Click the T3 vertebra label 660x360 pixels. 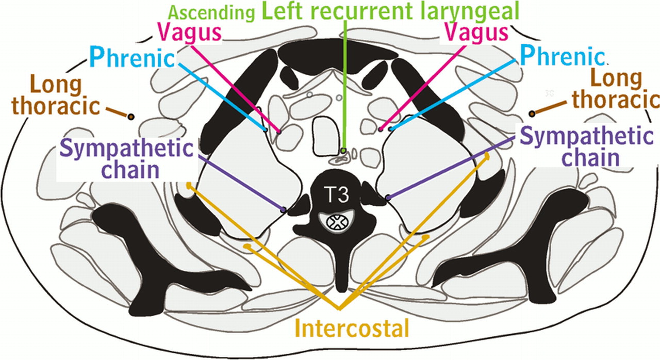[337, 195]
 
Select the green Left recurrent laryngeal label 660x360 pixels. [390, 11]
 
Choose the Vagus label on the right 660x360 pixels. [475, 33]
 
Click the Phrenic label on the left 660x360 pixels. [132, 57]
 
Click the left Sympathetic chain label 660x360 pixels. [126, 159]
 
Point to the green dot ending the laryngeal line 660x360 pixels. [343, 151]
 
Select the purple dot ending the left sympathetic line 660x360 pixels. [283, 209]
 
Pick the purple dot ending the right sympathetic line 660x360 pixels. [388, 197]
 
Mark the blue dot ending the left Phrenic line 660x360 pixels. [266, 129]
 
